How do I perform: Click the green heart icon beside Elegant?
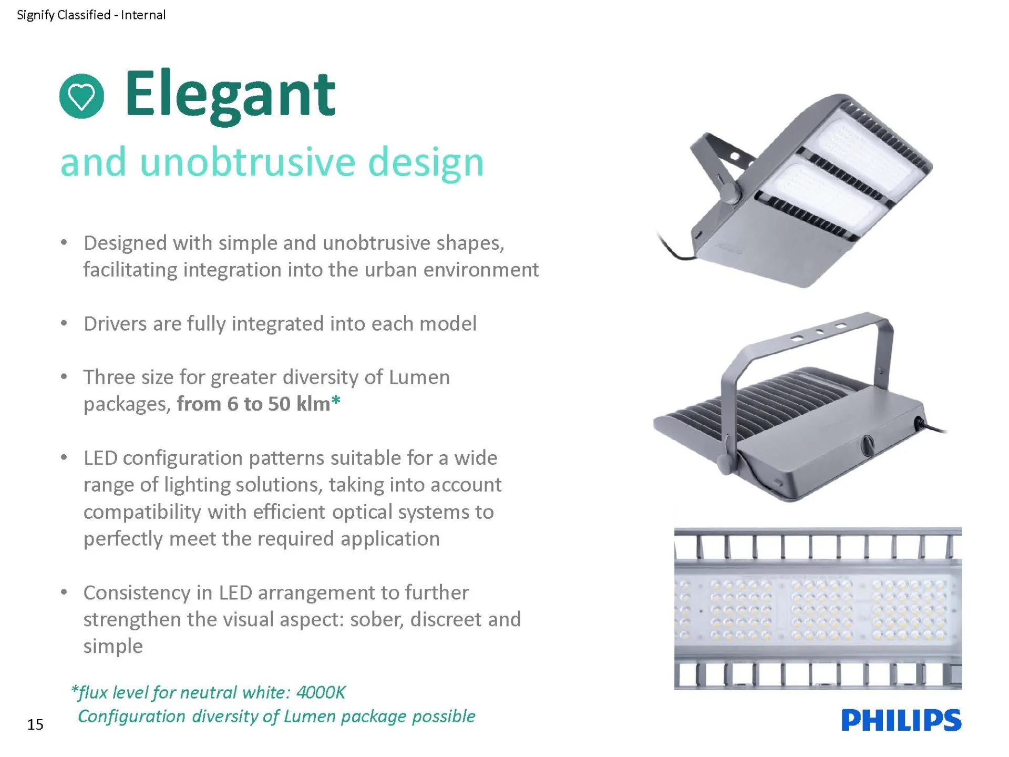coord(81,96)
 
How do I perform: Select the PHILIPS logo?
coord(901,720)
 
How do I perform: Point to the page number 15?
coord(35,724)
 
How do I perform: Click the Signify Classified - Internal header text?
coord(91,15)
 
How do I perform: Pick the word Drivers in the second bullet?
coord(115,324)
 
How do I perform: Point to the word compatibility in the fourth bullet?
coord(142,512)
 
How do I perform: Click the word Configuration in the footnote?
coord(131,717)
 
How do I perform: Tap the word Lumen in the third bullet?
coord(419,377)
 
